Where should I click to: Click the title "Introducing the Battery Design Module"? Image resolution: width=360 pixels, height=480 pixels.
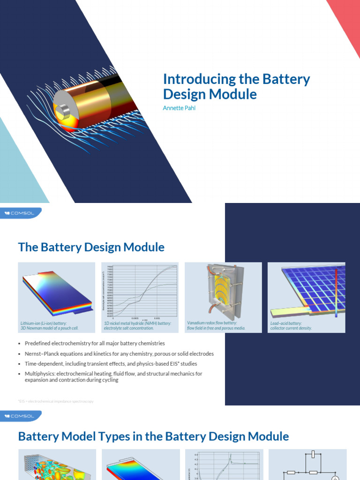point(236,87)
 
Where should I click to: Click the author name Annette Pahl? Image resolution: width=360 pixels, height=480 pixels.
point(180,107)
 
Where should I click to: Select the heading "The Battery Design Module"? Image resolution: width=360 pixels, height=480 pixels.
point(91,247)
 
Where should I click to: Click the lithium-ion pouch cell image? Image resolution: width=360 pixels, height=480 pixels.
point(56,291)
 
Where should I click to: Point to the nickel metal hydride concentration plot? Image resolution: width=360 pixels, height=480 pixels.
point(140,291)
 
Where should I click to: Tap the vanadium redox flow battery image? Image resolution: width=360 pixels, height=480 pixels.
point(223,291)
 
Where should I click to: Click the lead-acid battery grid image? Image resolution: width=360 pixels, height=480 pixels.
point(307,291)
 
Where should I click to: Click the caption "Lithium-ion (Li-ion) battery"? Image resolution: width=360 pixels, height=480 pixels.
point(44,323)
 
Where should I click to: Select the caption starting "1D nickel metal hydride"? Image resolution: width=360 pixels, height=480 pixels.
point(138,323)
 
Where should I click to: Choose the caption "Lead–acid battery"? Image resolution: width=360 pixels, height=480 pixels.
point(286,323)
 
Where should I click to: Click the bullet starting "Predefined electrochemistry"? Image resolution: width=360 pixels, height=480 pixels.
point(95,344)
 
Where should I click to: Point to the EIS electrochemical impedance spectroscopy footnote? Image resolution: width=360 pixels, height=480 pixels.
point(56,401)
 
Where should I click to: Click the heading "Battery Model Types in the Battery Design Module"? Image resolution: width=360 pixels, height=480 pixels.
point(153,436)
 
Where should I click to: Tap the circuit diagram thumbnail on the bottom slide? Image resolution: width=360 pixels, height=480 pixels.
point(307,465)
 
